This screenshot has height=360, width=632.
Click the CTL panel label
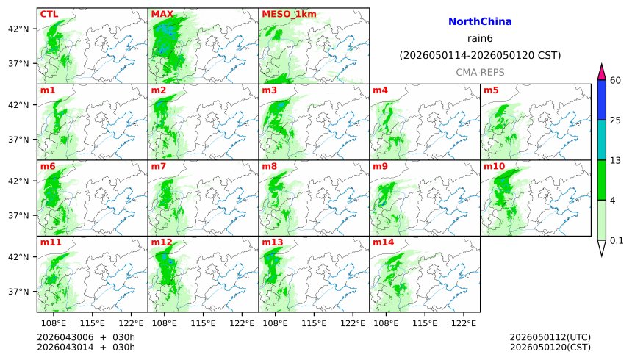coord(49,14)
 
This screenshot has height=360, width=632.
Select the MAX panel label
coord(162,14)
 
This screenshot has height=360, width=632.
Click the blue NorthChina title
coord(480,22)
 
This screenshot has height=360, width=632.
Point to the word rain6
coord(480,38)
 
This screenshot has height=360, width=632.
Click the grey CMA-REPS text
coord(480,72)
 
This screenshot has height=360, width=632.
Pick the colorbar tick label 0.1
coord(617,240)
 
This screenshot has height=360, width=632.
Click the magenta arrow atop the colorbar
coord(602,72)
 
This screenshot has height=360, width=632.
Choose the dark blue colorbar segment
coord(602,100)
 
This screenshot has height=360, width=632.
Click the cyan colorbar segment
coord(602,140)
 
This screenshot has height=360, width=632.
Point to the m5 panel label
coord(491,90)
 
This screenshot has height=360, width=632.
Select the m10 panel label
coord(493,166)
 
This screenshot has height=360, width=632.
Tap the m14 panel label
coord(383,242)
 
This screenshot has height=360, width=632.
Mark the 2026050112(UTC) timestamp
coord(550,337)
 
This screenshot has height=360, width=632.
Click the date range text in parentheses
coord(480,55)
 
